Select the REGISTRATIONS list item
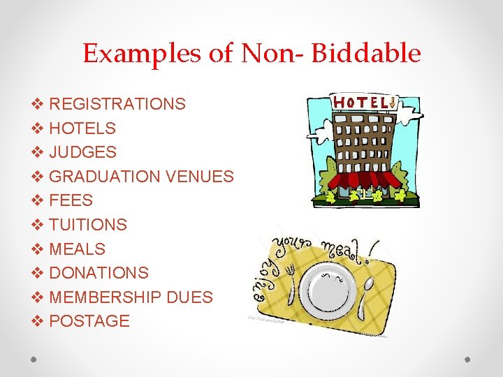click(117, 104)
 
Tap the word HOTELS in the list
click(82, 128)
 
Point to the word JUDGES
click(83, 152)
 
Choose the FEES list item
click(71, 200)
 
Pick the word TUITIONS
click(88, 225)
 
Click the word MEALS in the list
click(78, 249)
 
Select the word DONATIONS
click(99, 273)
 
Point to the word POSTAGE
click(90, 321)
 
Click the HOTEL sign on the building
click(363, 103)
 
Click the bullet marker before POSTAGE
click(38, 321)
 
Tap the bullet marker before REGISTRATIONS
click(38, 104)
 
